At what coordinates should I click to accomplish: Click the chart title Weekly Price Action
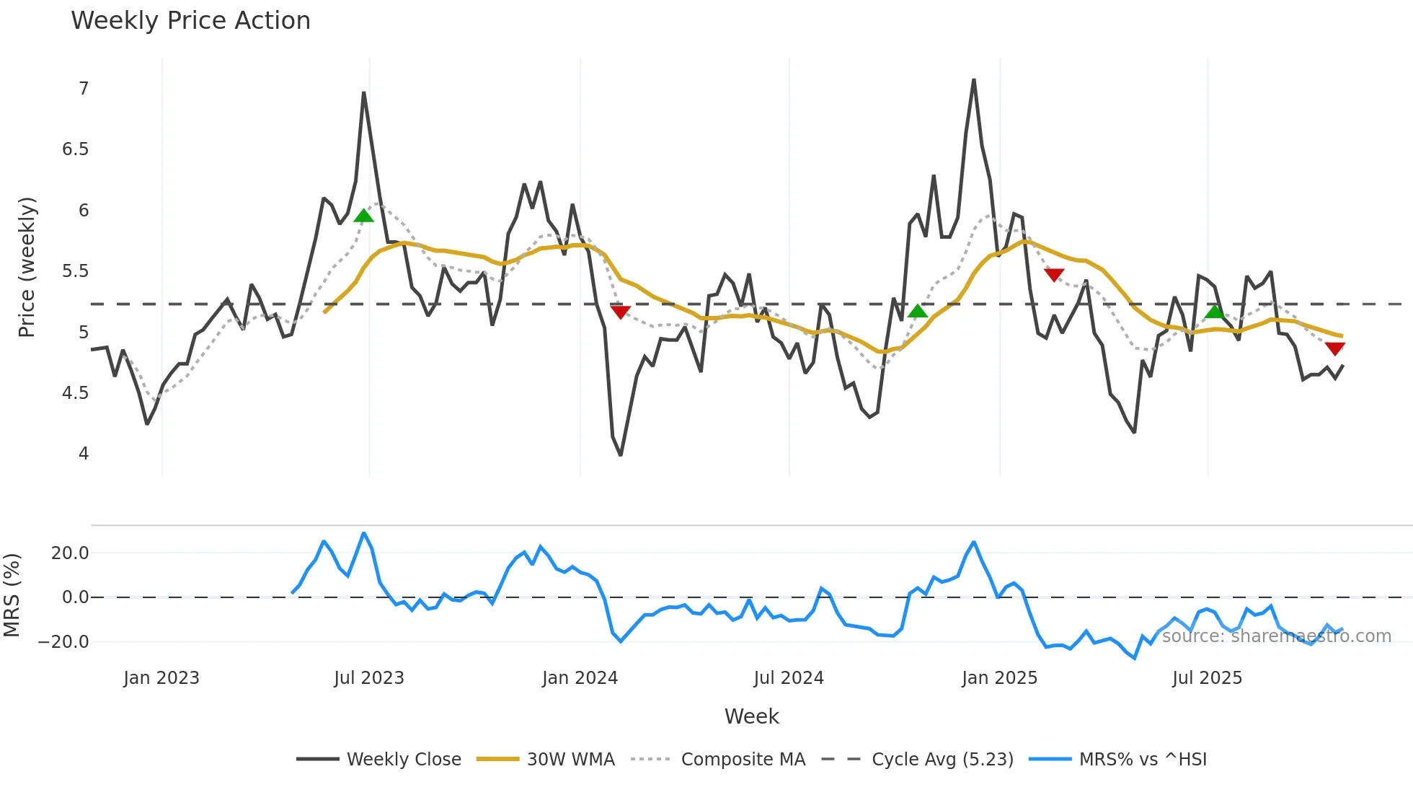pyautogui.click(x=190, y=21)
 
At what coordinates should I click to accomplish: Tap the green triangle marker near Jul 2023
pyautogui.click(x=364, y=215)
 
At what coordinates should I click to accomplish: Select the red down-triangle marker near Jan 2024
pyautogui.click(x=620, y=312)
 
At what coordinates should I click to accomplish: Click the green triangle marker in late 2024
pyautogui.click(x=917, y=311)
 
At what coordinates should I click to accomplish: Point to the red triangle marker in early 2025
pyautogui.click(x=1054, y=275)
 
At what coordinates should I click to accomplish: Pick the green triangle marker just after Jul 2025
pyautogui.click(x=1215, y=312)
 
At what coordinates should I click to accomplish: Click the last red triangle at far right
pyautogui.click(x=1335, y=349)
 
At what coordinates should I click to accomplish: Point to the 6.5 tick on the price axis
pyautogui.click(x=75, y=149)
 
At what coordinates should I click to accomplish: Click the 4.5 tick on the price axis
pyautogui.click(x=75, y=393)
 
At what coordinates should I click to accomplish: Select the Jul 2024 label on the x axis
pyautogui.click(x=789, y=678)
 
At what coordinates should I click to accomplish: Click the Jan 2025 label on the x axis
pyautogui.click(x=999, y=678)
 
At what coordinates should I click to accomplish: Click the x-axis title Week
pyautogui.click(x=751, y=716)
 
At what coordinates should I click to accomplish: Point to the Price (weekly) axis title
pyautogui.click(x=27, y=267)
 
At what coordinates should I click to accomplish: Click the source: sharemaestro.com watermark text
pyautogui.click(x=1276, y=636)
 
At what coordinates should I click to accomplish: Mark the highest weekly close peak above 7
pyautogui.click(x=974, y=80)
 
